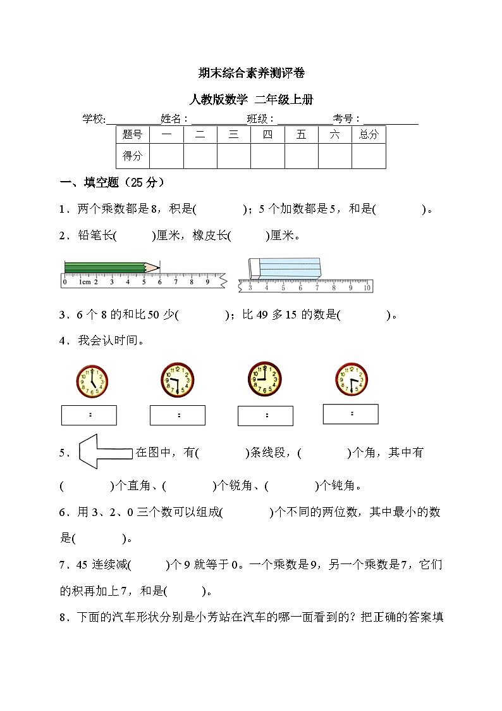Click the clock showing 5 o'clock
click(92, 381)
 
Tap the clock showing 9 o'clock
click(264, 378)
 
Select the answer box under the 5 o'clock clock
click(89, 415)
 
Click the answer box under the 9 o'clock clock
click(266, 416)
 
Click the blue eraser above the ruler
click(283, 267)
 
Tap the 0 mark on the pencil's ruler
click(65, 282)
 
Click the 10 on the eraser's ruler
click(367, 288)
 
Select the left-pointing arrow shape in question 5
click(104, 452)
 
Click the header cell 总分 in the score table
click(369, 134)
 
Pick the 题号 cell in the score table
click(133, 134)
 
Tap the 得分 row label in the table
click(133, 156)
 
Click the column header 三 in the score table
click(234, 134)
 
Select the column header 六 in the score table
click(335, 134)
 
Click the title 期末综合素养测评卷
click(251, 73)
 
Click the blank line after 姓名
click(218, 120)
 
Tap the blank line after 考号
click(391, 120)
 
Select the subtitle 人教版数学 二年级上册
click(251, 99)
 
